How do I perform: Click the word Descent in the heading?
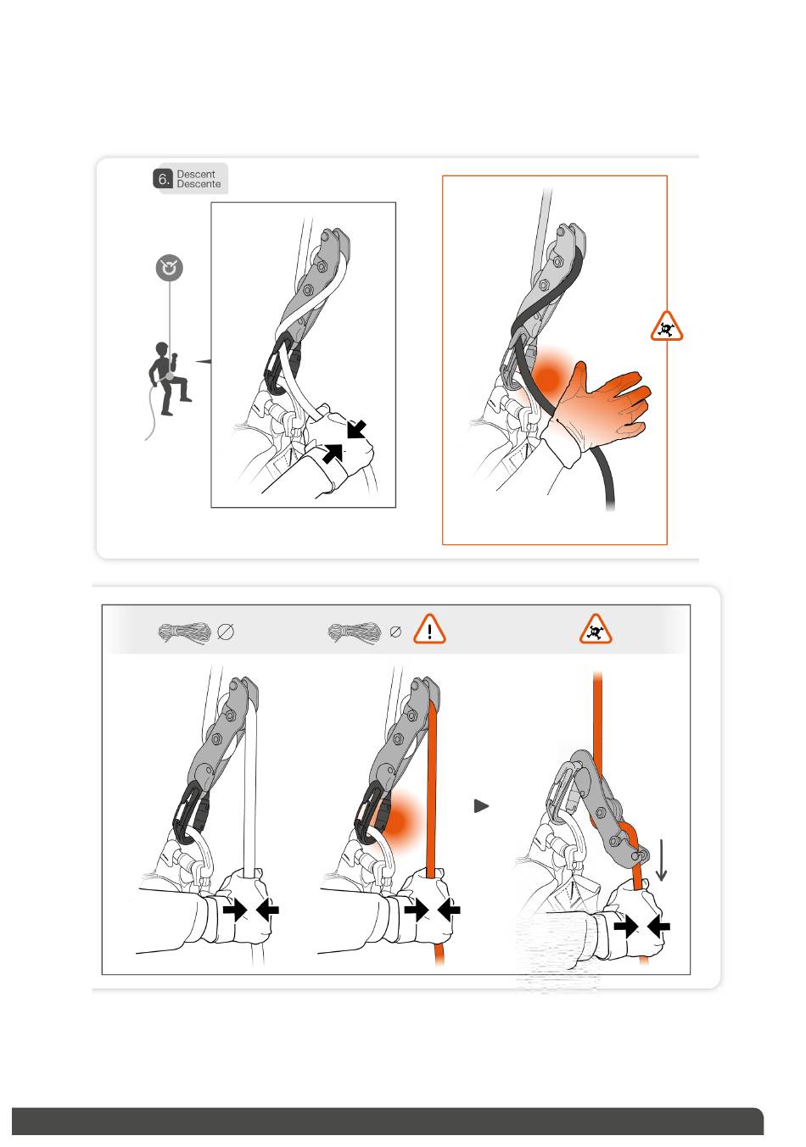(x=196, y=174)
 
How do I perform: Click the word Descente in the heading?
(x=199, y=184)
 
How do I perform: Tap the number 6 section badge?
(x=163, y=179)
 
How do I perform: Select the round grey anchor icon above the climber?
(x=169, y=267)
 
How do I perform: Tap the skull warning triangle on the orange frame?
(x=666, y=326)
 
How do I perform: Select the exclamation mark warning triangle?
(x=429, y=629)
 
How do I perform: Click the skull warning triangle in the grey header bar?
(x=596, y=629)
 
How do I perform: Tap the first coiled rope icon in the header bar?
(x=184, y=632)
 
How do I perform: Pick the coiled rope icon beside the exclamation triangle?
(x=354, y=632)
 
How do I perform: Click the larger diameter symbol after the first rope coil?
(x=226, y=632)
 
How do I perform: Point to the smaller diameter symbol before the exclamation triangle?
(x=395, y=632)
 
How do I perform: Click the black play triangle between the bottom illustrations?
(x=481, y=806)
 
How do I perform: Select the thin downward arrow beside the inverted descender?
(x=661, y=860)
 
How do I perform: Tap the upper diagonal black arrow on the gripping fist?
(x=356, y=429)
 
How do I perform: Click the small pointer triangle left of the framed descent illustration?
(x=203, y=361)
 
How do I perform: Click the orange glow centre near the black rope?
(x=548, y=378)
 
